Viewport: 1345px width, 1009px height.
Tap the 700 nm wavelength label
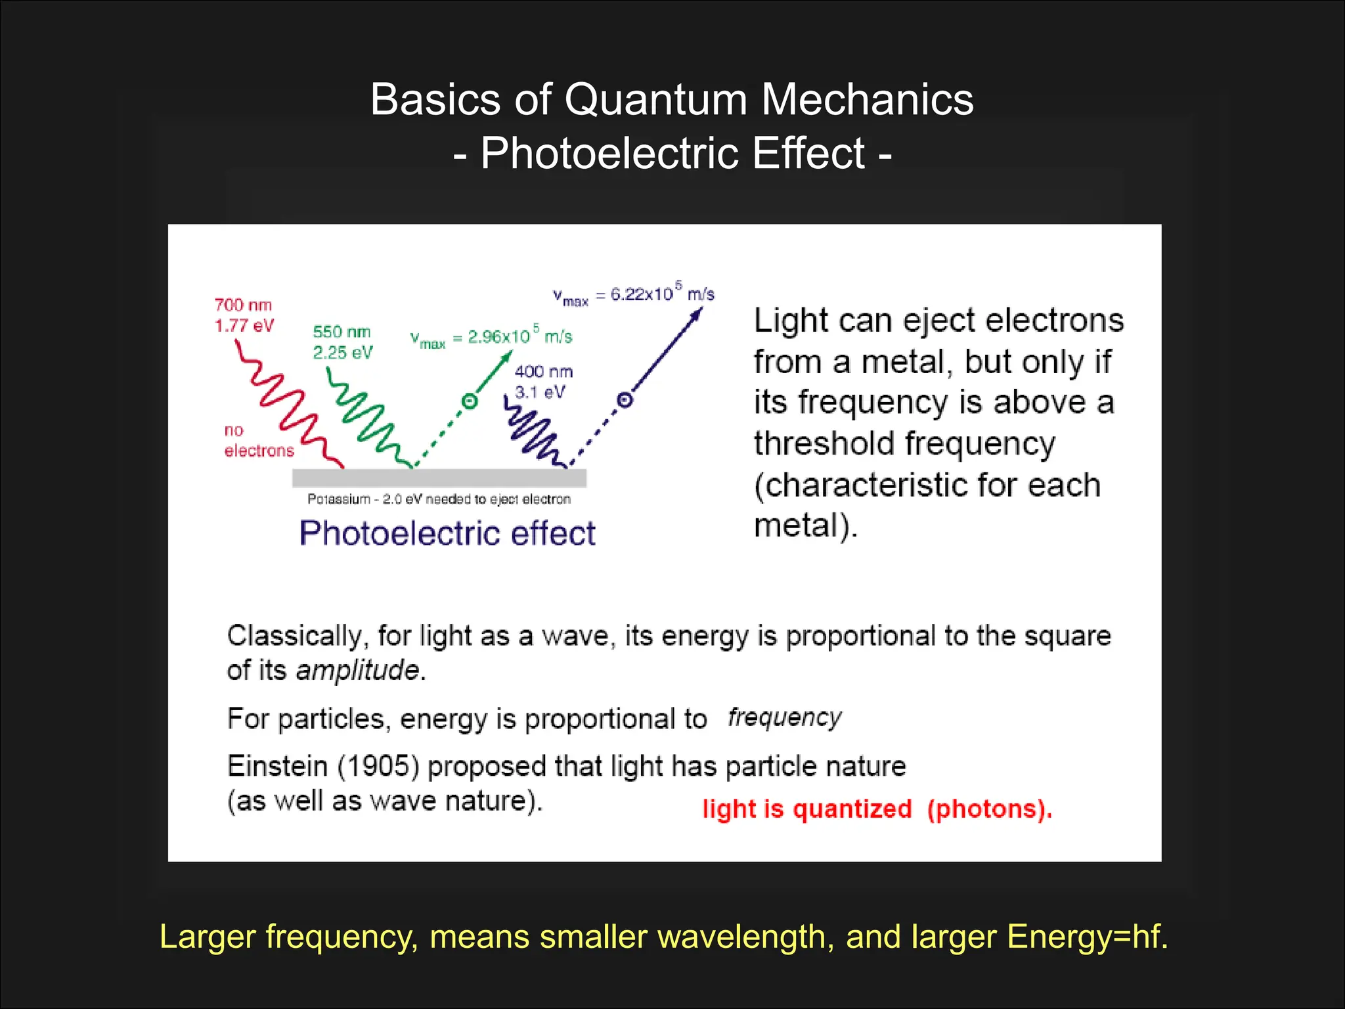pyautogui.click(x=243, y=305)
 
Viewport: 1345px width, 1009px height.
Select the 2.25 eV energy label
pyautogui.click(x=342, y=353)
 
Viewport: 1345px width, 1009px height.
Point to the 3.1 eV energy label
pyautogui.click(x=540, y=392)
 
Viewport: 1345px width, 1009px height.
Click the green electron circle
pyautogui.click(x=469, y=401)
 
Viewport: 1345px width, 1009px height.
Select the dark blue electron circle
pyautogui.click(x=625, y=399)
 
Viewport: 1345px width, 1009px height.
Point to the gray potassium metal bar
pyautogui.click(x=439, y=478)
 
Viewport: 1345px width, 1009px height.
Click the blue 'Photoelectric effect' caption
pyautogui.click(x=447, y=533)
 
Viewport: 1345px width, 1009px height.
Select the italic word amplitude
pyautogui.click(x=357, y=670)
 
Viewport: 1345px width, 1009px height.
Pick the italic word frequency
pyautogui.click(x=784, y=717)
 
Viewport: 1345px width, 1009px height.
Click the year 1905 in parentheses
pyautogui.click(x=378, y=767)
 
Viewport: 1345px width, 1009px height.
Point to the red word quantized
pyautogui.click(x=852, y=809)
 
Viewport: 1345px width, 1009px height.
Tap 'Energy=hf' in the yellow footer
pyautogui.click(x=1087, y=936)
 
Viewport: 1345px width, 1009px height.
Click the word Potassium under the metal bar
pyautogui.click(x=338, y=499)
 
